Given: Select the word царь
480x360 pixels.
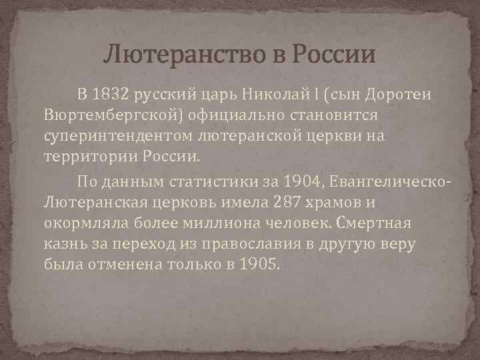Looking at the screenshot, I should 229,94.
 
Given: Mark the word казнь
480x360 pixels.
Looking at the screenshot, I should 64,246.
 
